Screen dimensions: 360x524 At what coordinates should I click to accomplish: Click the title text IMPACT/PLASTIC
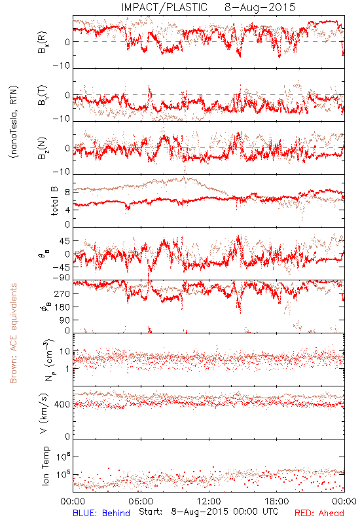point(164,7)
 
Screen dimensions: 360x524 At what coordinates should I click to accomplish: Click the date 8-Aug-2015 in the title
point(260,7)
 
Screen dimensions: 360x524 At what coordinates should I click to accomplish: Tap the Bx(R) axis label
point(43,43)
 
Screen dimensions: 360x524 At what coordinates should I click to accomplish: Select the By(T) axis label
point(43,95)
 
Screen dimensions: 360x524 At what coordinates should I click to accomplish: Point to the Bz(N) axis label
point(43,148)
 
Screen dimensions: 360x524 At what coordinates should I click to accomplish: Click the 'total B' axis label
point(54,201)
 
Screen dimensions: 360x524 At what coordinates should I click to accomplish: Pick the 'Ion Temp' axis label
point(45,466)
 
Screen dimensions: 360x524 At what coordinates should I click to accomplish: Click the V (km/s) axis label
point(43,413)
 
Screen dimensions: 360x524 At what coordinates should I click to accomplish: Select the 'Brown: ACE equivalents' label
point(13,333)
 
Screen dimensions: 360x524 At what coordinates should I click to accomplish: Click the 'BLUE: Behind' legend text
point(101,513)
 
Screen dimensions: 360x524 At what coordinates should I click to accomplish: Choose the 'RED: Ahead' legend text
point(319,513)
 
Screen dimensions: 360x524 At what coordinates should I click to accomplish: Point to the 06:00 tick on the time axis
point(141,501)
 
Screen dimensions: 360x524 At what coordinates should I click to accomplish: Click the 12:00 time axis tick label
point(209,501)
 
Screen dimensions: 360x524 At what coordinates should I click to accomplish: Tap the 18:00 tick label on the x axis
point(277,501)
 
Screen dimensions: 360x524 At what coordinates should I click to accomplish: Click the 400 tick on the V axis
point(62,405)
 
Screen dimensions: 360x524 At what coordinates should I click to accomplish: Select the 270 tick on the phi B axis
point(62,293)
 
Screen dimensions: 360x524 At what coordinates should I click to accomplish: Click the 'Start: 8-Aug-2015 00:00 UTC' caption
point(208,512)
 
